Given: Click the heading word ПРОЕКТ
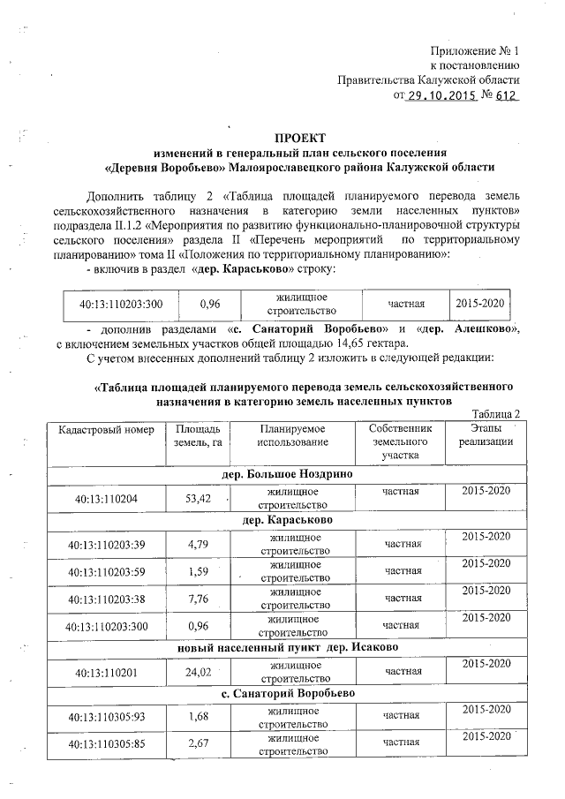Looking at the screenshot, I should coord(299,138).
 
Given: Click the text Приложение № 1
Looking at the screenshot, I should coord(474,50).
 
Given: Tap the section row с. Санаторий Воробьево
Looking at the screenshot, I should coord(288,694).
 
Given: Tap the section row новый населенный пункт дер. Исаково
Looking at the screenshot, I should coord(287,647).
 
